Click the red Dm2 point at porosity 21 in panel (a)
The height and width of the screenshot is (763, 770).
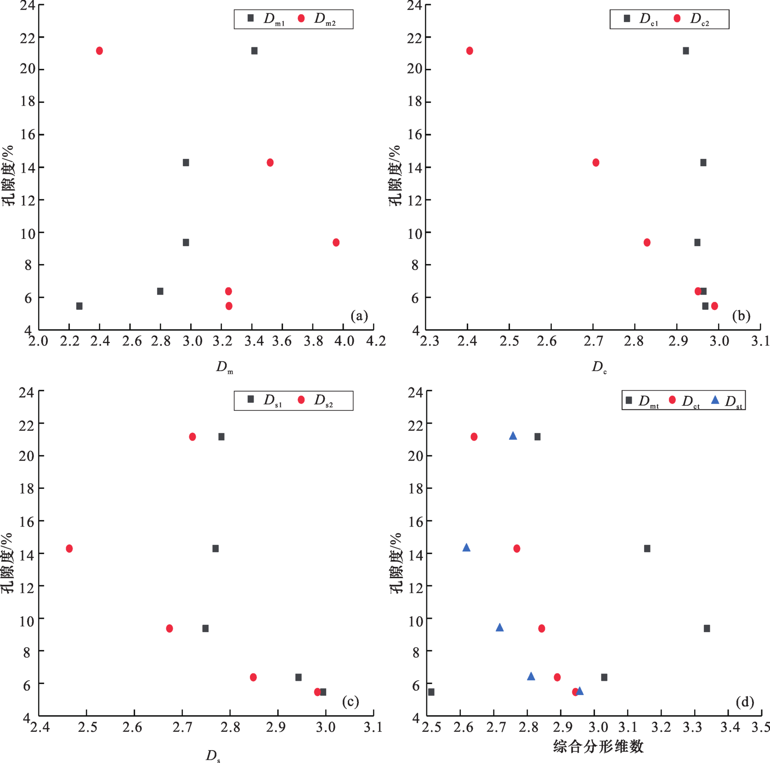pyautogui.click(x=99, y=50)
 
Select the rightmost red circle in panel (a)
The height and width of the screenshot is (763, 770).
pyautogui.click(x=336, y=242)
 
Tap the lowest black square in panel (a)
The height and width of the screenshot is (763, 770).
pyautogui.click(x=79, y=306)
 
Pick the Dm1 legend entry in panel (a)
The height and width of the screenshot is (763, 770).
pyautogui.click(x=267, y=19)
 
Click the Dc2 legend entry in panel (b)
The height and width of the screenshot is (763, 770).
pyautogui.click(x=693, y=19)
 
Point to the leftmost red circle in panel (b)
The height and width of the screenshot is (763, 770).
pyautogui.click(x=470, y=50)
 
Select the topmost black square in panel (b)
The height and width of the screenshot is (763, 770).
pyautogui.click(x=685, y=50)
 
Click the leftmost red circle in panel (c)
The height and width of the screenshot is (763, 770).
pyautogui.click(x=69, y=548)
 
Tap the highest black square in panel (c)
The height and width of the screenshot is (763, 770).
pyautogui.click(x=221, y=437)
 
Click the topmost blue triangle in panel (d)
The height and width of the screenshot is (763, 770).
pyautogui.click(x=513, y=436)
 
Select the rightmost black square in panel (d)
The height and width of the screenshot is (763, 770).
pyautogui.click(x=707, y=628)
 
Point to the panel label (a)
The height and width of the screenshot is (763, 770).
pyautogui.click(x=359, y=315)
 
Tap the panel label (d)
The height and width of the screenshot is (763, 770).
pyautogui.click(x=744, y=702)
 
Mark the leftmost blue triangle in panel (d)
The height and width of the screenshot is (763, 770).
pyautogui.click(x=466, y=547)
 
